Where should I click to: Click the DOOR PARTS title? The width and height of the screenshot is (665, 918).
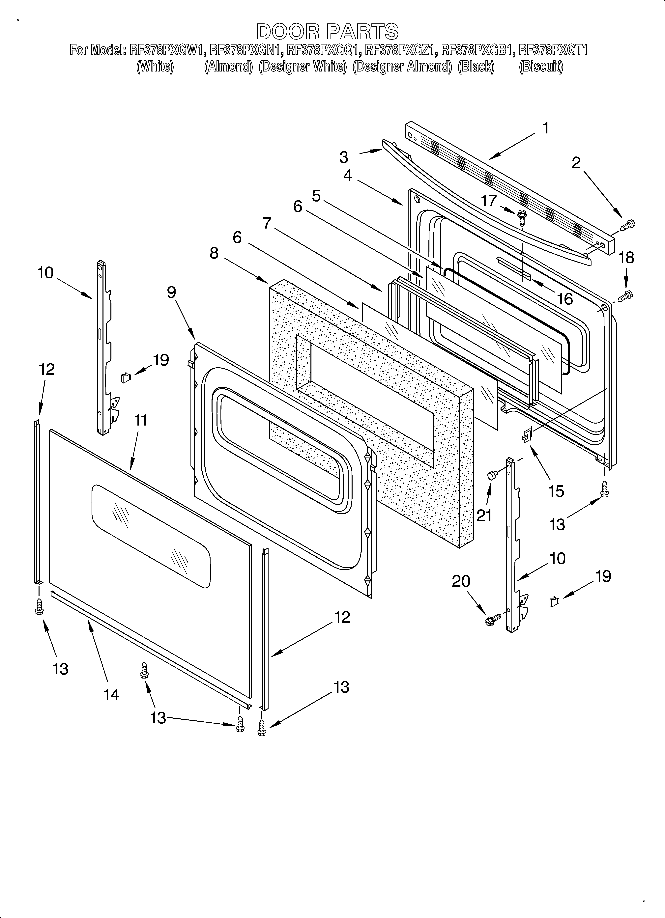click(x=327, y=32)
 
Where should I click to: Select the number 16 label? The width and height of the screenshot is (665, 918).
click(x=564, y=299)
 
